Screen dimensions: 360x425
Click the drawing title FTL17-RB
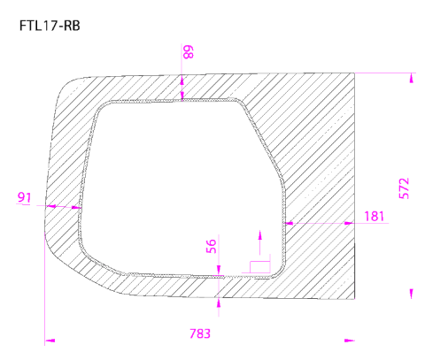coord(49,26)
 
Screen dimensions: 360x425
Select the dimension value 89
coord(187,53)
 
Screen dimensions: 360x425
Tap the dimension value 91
coord(24,196)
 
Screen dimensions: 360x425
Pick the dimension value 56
coord(211,248)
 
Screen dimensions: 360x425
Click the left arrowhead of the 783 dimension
coord(49,338)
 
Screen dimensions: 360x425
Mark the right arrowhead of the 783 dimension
coord(351,338)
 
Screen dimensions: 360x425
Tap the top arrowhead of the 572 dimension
coord(412,78)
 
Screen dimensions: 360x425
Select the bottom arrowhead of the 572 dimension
coord(412,293)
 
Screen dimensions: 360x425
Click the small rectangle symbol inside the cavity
coord(259,265)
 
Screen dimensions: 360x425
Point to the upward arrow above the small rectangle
coord(259,235)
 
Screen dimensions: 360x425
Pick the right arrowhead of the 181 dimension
coord(352,223)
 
